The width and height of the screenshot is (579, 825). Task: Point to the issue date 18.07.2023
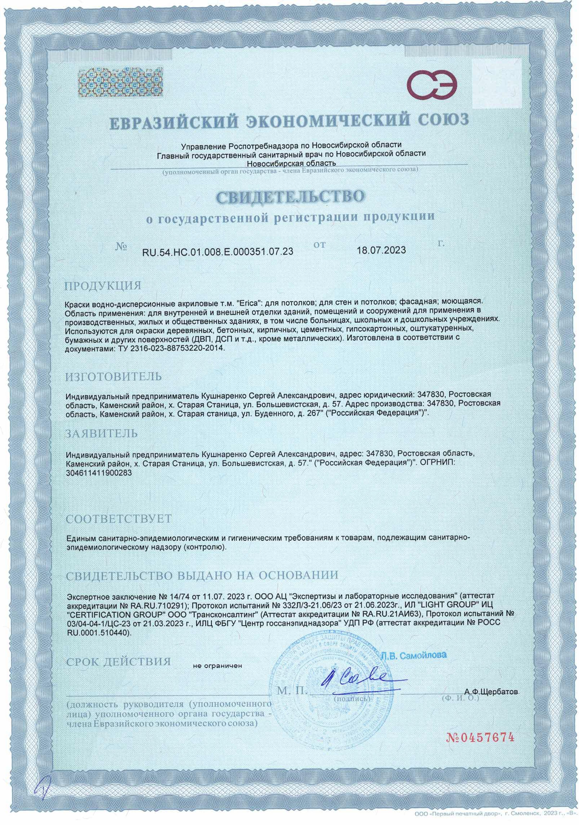click(381, 250)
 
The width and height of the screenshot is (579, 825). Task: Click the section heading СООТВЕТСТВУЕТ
click(119, 519)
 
